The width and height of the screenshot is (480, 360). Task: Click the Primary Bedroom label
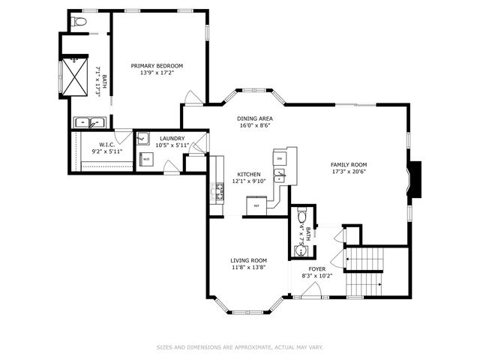[157, 66]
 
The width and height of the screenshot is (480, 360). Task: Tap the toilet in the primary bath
[79, 22]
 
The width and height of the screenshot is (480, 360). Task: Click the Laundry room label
[172, 138]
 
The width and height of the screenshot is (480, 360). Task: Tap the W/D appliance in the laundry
[146, 160]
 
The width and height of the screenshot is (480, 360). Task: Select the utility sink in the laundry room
[143, 139]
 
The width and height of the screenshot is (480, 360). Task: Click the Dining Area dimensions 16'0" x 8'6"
[254, 126]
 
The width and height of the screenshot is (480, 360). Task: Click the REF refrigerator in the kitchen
[256, 205]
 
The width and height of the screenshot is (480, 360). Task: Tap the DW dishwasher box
[279, 158]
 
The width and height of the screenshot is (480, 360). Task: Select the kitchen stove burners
[220, 191]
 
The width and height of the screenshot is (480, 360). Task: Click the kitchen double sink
[279, 176]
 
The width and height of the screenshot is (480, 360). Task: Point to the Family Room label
[349, 164]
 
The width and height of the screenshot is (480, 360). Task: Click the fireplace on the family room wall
[415, 180]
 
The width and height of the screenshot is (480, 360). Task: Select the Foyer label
[317, 268]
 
